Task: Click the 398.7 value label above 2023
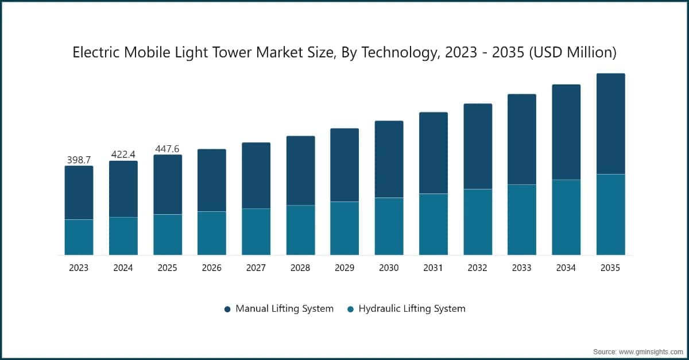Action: [x=79, y=160]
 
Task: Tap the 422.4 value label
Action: [x=123, y=154]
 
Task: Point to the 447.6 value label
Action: [x=167, y=149]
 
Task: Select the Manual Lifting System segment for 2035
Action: [x=610, y=123]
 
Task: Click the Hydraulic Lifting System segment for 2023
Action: [x=79, y=237]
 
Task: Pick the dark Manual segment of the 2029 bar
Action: [x=344, y=165]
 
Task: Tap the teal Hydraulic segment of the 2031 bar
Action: [x=433, y=224]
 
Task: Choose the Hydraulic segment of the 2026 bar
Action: [x=212, y=233]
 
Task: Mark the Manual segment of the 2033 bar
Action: [x=522, y=140]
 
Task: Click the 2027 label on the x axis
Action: [x=256, y=268]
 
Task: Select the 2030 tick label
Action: [x=389, y=268]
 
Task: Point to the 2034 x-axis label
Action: [x=566, y=268]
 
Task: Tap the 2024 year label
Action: [x=123, y=268]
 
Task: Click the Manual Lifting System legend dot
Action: [x=227, y=309]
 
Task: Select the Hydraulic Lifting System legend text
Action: [x=412, y=308]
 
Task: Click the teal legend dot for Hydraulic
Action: [x=350, y=309]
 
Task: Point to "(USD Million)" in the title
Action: [x=573, y=52]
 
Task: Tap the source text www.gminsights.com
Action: [x=650, y=352]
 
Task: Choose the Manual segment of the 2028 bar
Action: [x=300, y=171]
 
